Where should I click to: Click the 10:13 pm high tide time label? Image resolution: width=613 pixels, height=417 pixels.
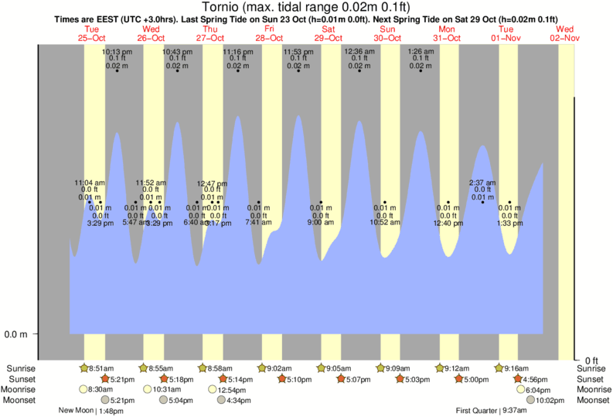(117, 52)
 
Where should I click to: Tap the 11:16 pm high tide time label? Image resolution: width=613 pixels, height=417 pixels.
(237, 52)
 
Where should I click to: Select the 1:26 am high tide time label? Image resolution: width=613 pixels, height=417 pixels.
(421, 52)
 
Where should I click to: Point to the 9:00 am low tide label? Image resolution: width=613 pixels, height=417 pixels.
(321, 223)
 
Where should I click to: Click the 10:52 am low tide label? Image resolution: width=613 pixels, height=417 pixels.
(384, 223)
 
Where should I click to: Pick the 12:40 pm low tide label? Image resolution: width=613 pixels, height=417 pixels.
(448, 223)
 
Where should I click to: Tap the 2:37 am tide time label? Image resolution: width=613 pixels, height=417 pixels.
(482, 183)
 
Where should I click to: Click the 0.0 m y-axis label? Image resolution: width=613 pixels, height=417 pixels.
(17, 334)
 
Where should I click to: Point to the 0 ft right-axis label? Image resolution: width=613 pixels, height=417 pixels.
(592, 361)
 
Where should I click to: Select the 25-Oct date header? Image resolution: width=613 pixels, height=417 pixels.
(92, 38)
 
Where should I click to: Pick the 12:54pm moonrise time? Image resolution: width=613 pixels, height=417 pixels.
(226, 390)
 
